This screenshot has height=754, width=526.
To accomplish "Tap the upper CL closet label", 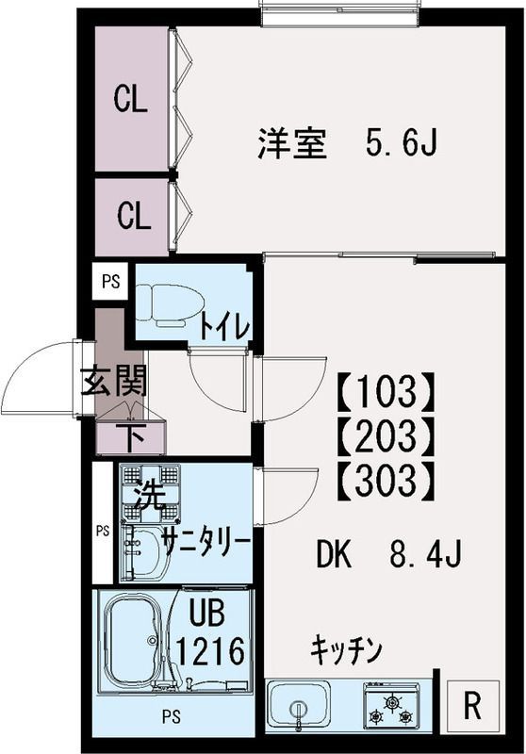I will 133,100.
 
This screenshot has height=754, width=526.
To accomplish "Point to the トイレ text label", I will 223,327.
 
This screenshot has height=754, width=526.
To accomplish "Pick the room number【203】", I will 386,434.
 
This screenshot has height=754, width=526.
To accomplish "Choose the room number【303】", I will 386,482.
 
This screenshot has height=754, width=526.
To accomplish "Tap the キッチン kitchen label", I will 346,649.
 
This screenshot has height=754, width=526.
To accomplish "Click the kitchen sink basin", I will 299,705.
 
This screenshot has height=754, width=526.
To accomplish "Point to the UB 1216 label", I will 212,633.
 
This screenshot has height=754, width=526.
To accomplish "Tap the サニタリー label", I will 205,542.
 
